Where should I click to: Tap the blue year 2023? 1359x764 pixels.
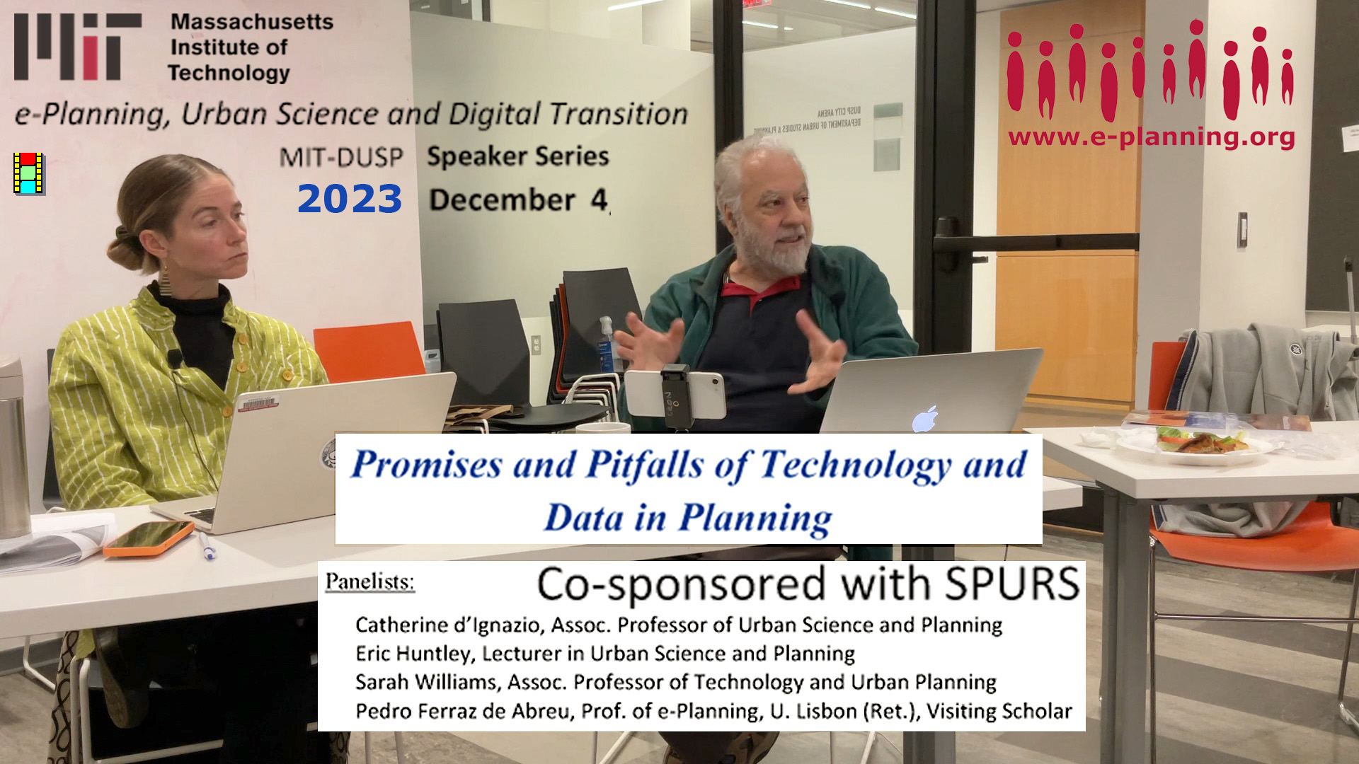coord(350,199)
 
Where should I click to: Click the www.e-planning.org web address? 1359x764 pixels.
coord(1152,137)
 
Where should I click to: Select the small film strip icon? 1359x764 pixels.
coord(28,173)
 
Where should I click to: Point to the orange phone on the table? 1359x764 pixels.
coord(149,539)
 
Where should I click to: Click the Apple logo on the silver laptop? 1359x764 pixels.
coord(925,419)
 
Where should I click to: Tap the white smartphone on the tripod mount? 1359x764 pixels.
coord(675,393)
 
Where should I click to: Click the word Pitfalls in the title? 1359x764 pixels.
coord(645,465)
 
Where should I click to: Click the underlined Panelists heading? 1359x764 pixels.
coord(369,582)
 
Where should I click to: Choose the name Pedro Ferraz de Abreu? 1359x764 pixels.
coord(463,710)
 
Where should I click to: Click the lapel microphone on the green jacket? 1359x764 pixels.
coord(174,359)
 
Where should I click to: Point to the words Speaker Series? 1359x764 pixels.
coord(518,156)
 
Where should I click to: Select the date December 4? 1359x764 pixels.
coord(519,200)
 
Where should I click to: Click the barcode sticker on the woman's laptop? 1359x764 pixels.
coord(258,403)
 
